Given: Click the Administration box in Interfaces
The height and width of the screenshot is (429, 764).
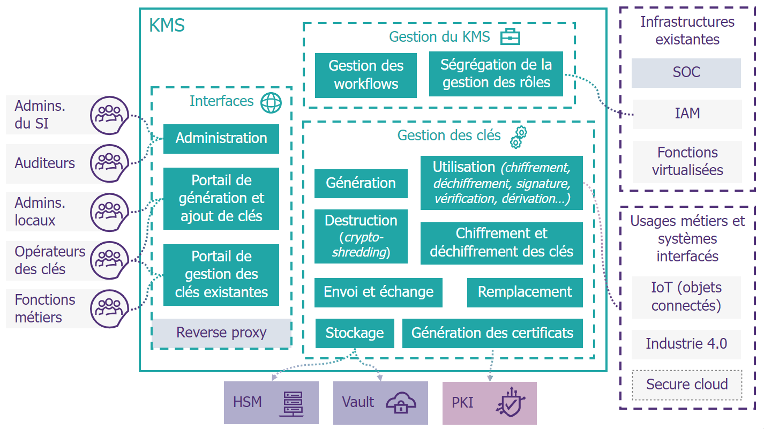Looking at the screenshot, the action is click(x=221, y=139).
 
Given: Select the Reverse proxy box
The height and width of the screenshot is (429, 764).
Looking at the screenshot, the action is click(x=221, y=333).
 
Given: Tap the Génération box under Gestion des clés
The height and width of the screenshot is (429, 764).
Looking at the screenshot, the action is click(x=361, y=184).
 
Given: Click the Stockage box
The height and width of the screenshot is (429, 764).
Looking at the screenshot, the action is click(x=355, y=333).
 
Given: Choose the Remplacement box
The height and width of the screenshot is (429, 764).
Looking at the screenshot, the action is click(x=525, y=292).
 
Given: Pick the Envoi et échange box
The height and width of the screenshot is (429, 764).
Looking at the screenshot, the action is click(x=378, y=292).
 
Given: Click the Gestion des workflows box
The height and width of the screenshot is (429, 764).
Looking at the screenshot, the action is click(x=365, y=75).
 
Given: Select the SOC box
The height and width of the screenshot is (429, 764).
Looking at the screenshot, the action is click(x=686, y=73).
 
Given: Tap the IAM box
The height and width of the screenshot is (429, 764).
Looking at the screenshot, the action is click(x=687, y=114).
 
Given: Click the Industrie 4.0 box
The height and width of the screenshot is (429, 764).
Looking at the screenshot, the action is click(x=686, y=344).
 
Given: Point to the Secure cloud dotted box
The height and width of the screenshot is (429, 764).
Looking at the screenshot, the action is click(x=687, y=385).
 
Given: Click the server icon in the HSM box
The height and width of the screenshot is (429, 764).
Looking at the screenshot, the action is click(x=291, y=404).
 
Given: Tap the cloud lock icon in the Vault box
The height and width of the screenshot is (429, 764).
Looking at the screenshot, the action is click(x=401, y=403).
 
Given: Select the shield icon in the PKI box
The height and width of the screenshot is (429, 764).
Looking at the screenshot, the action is click(x=511, y=402).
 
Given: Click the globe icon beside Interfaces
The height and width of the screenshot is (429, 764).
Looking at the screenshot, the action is click(x=271, y=103).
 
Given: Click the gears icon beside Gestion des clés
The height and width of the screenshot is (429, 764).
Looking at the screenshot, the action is click(x=519, y=137).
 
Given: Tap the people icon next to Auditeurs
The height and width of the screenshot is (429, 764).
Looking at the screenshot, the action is click(x=109, y=163).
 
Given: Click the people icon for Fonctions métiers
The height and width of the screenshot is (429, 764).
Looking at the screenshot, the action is click(x=109, y=308).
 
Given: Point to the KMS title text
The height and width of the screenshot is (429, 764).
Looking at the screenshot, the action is click(x=167, y=25).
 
